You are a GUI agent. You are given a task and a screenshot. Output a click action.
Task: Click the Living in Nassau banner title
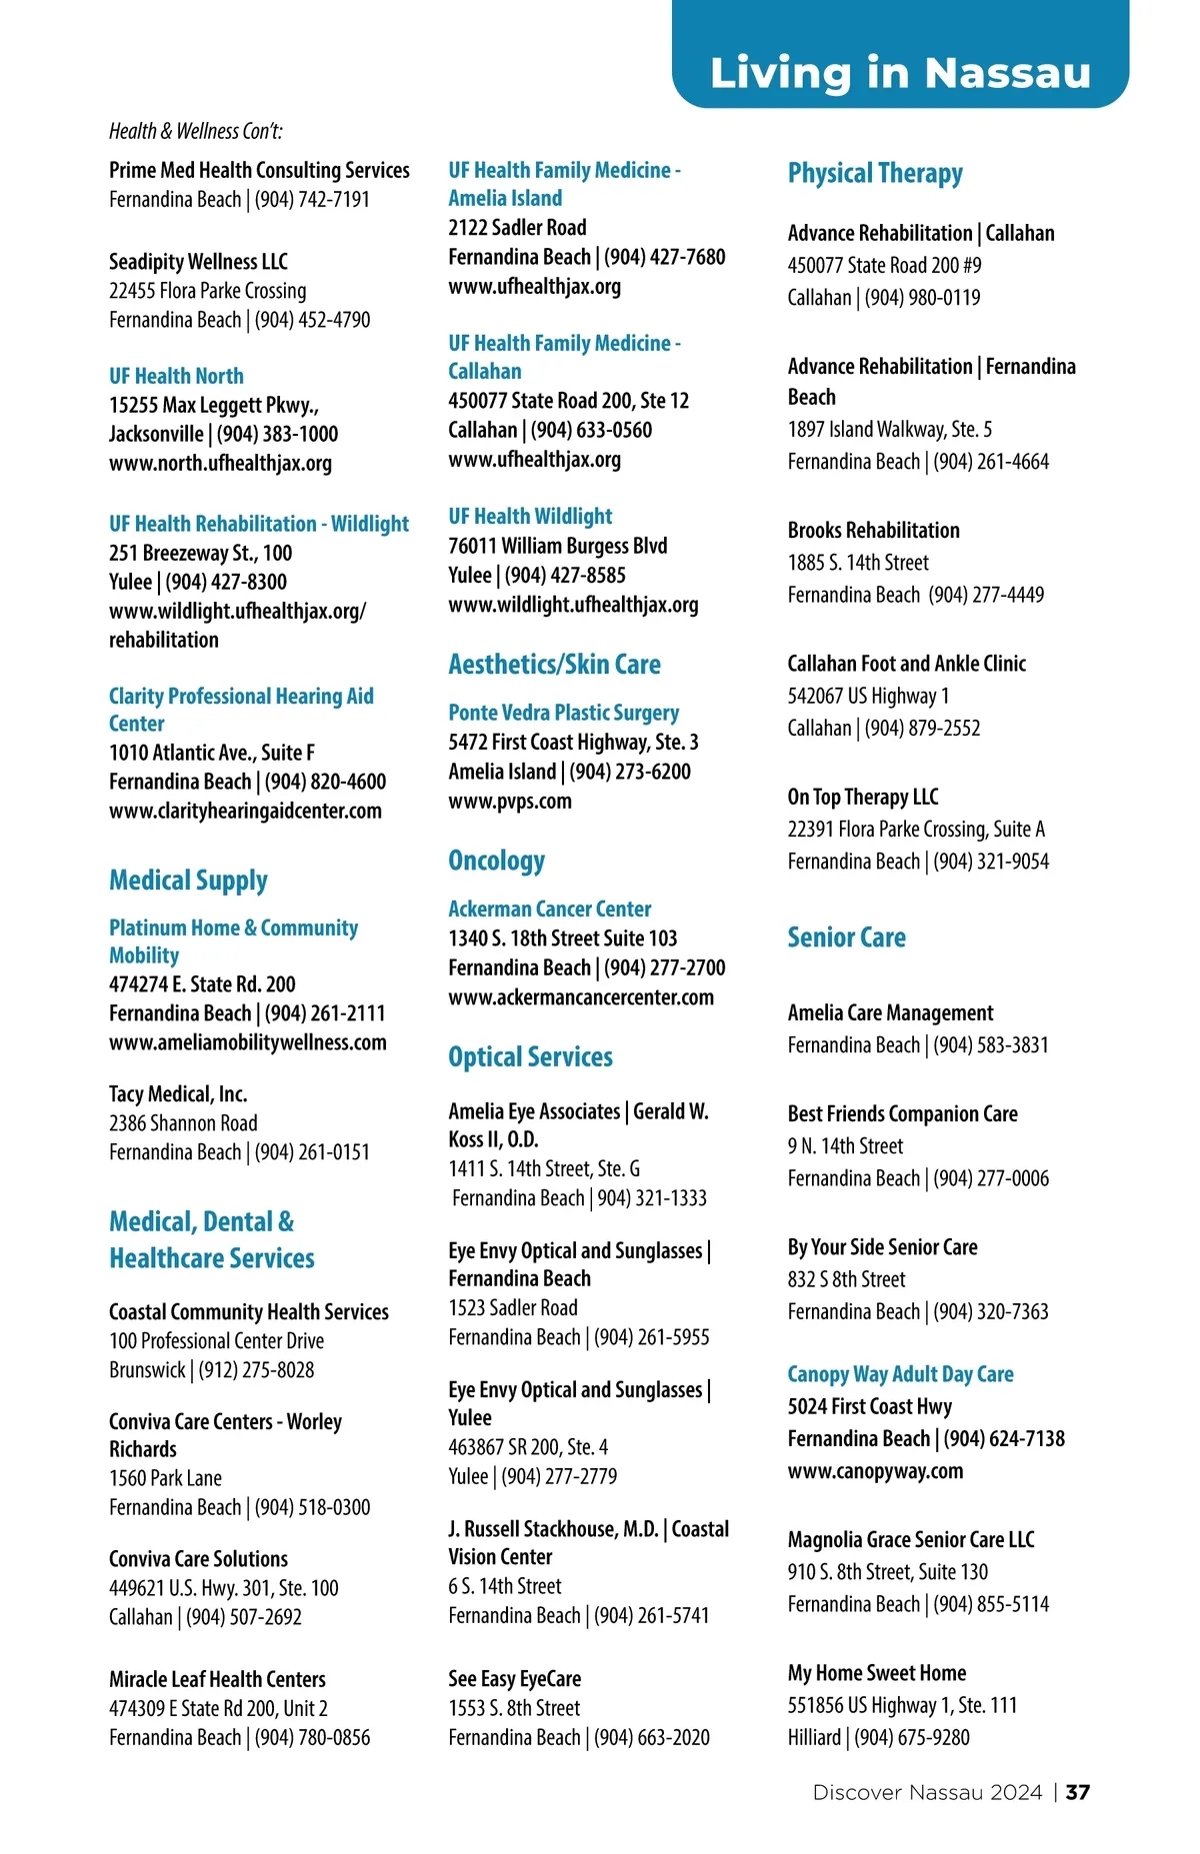(900, 73)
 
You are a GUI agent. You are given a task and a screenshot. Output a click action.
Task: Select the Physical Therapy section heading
(875, 174)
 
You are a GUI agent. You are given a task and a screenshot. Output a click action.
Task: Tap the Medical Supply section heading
(188, 881)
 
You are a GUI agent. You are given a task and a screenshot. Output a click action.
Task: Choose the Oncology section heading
(496, 861)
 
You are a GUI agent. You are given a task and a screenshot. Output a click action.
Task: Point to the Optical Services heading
(530, 1057)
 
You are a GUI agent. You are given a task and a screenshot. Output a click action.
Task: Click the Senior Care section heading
(846, 937)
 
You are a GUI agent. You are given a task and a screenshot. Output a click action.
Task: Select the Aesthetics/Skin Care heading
(554, 665)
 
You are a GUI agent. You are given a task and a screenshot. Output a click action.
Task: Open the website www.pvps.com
(510, 801)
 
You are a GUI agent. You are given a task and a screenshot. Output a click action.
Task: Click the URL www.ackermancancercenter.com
(581, 996)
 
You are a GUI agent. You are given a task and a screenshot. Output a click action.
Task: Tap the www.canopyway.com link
(875, 1471)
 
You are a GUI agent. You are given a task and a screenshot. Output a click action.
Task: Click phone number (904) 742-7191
(312, 199)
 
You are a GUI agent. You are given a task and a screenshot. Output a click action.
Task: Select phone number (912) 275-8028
(256, 1369)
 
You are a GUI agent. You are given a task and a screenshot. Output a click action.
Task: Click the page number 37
(1078, 1792)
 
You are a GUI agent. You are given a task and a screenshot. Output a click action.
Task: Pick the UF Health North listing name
(176, 376)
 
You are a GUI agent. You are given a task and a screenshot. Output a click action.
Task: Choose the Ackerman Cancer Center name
(549, 909)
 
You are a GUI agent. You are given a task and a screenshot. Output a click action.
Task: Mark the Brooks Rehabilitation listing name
(873, 530)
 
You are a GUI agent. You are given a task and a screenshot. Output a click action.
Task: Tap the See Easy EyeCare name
(514, 1678)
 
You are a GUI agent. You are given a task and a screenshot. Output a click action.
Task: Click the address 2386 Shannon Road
(183, 1122)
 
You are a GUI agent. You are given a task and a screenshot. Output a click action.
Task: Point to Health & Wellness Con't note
(196, 131)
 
